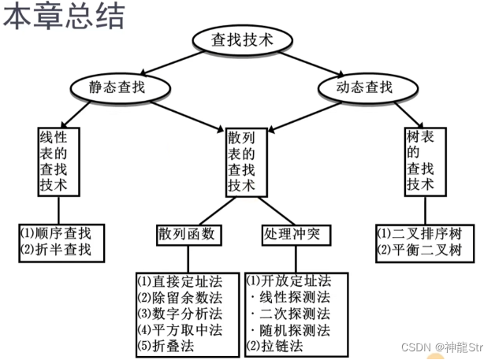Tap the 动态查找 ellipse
(364, 87)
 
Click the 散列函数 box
(186, 234)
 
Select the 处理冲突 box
(292, 234)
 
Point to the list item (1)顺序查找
(56, 233)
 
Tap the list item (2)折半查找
(56, 251)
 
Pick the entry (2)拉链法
(277, 345)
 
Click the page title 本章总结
(63, 17)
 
